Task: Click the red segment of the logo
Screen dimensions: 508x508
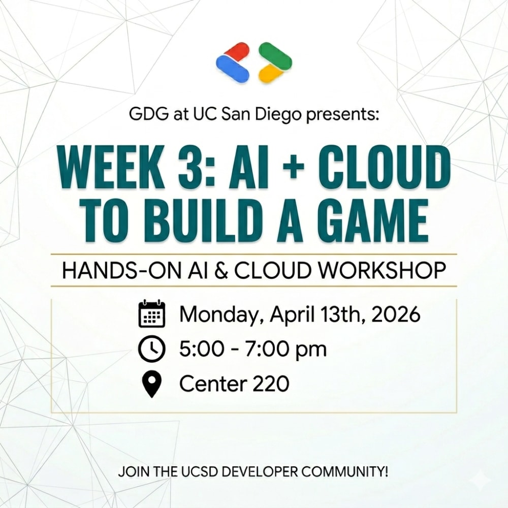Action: (x=237, y=52)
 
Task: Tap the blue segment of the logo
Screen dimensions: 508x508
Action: (x=232, y=68)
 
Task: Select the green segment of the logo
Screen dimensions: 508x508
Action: (x=275, y=54)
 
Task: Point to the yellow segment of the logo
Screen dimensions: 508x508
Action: (x=271, y=73)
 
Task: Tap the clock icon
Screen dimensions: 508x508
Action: (x=151, y=349)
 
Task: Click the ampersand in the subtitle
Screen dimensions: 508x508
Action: (x=221, y=271)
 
